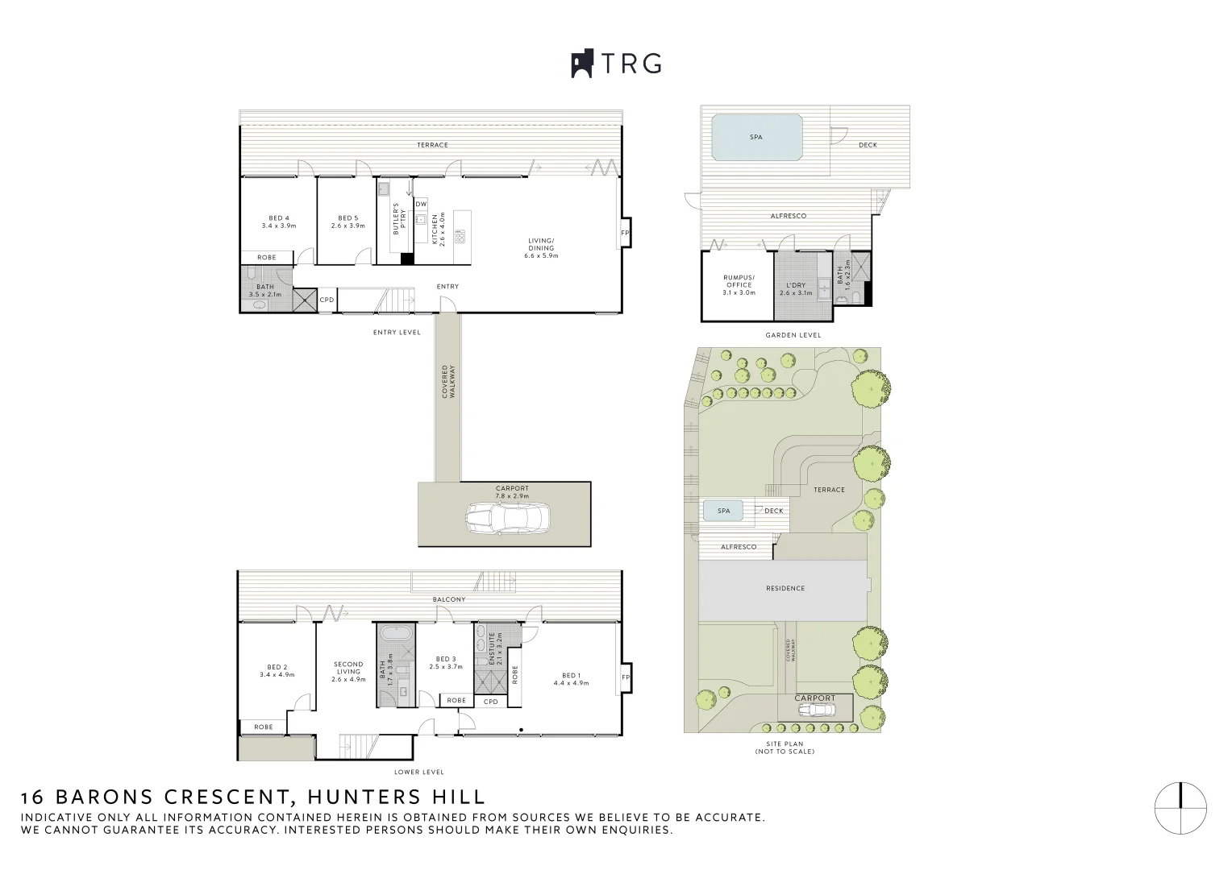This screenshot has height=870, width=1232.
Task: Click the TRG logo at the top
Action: click(616, 63)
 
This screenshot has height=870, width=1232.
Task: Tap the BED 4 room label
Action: click(279, 222)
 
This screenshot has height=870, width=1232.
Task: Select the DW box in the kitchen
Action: click(421, 204)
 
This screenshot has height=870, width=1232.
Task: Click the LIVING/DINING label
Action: click(541, 248)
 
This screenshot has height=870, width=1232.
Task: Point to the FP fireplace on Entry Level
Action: click(625, 233)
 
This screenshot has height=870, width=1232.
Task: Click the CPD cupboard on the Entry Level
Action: click(327, 300)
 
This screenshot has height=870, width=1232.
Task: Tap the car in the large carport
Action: click(507, 518)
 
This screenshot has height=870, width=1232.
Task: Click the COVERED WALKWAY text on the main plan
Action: click(448, 381)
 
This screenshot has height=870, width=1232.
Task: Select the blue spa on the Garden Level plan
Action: click(757, 138)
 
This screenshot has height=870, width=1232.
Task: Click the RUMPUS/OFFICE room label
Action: click(739, 285)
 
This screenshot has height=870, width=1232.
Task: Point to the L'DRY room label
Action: click(795, 289)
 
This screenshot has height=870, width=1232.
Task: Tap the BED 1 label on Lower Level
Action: click(571, 679)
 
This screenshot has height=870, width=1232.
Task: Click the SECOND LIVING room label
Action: click(348, 672)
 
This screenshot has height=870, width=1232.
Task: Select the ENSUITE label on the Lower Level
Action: click(496, 648)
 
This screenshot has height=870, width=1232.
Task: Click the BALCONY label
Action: click(449, 599)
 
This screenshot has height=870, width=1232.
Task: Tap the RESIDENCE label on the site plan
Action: click(785, 588)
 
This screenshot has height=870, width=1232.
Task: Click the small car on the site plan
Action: click(817, 710)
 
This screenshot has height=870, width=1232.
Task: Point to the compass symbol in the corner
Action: click(1180, 809)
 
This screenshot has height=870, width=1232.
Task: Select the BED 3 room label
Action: click(446, 663)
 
